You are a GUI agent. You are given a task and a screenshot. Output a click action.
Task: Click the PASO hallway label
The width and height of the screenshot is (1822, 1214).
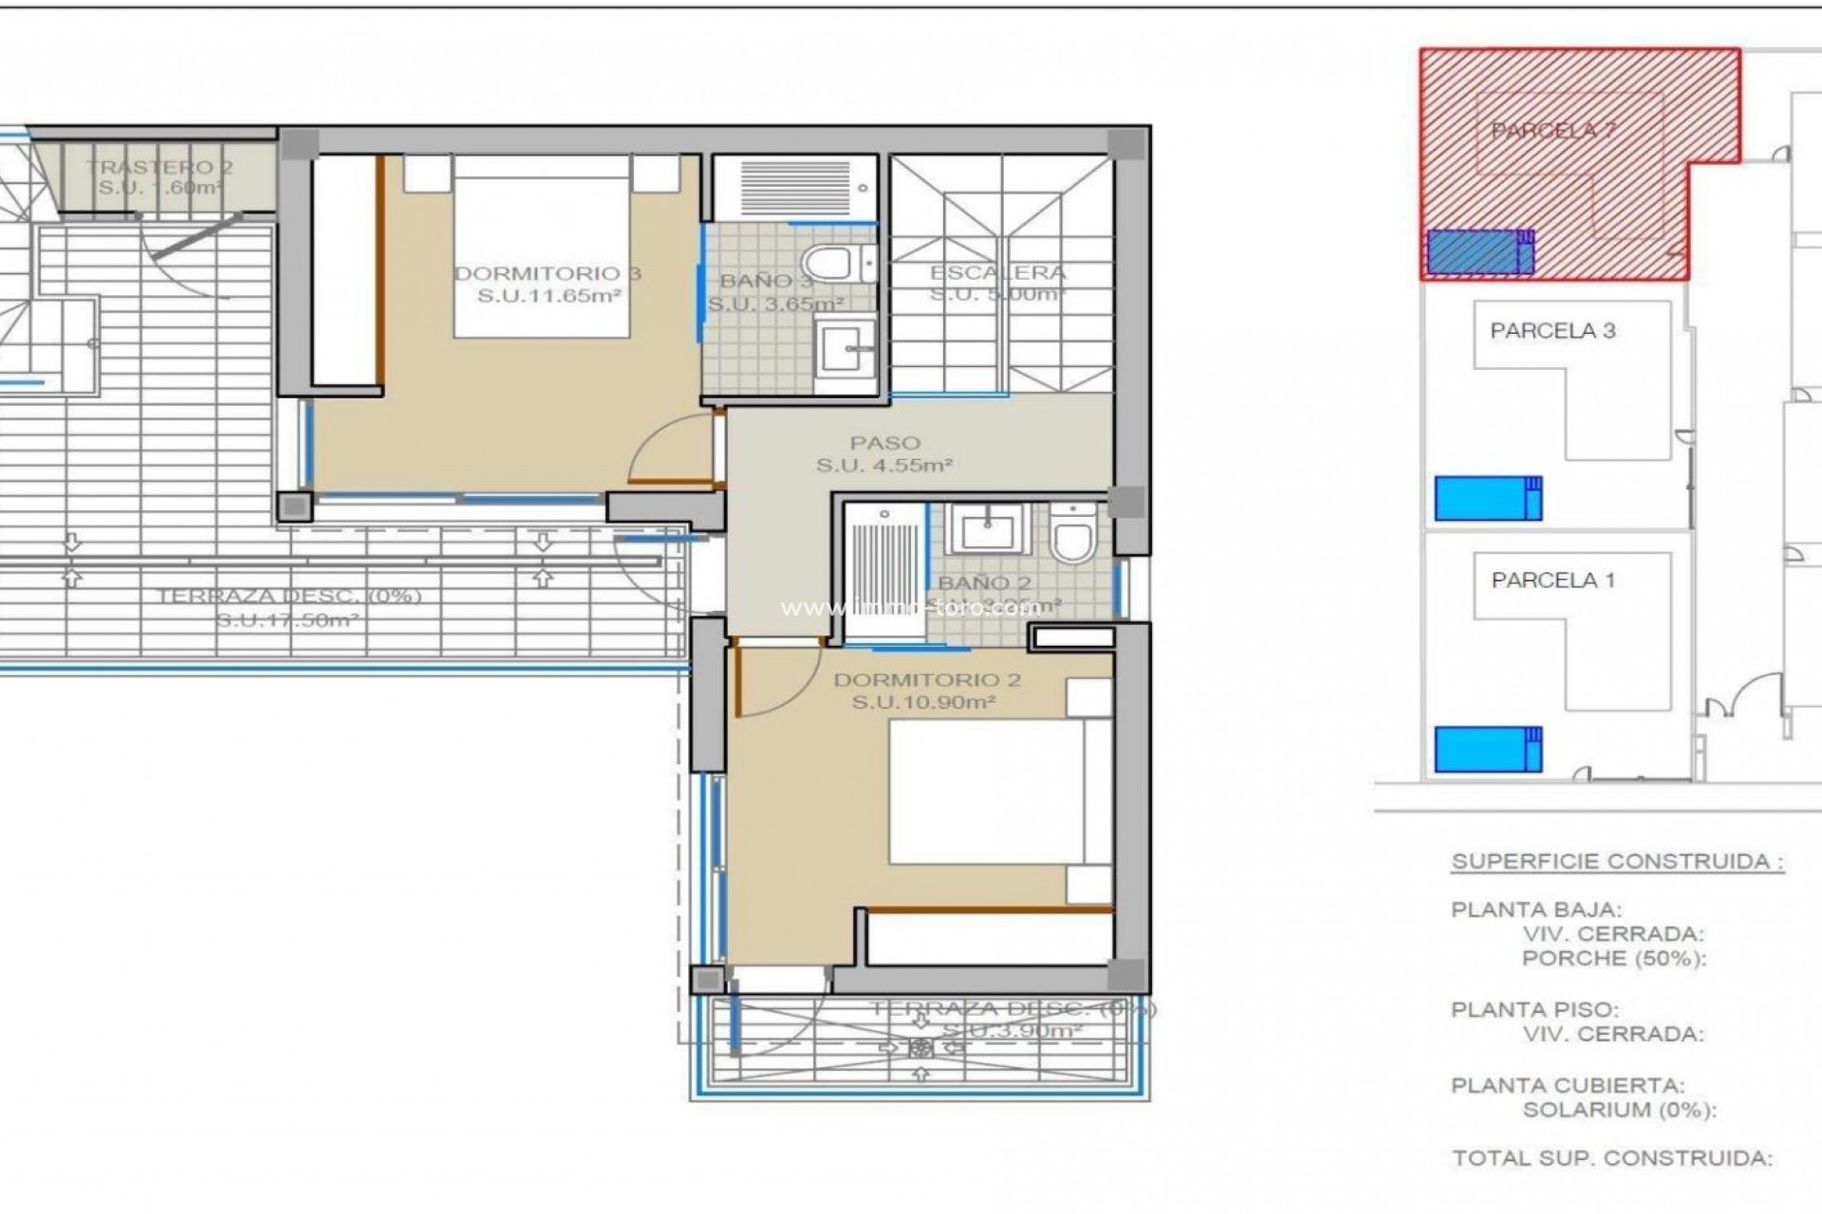[x=884, y=443]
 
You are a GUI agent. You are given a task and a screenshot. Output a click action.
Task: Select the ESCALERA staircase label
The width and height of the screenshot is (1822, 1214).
[x=997, y=273]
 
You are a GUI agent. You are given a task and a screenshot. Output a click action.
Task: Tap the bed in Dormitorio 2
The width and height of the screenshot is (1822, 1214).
[x=987, y=792]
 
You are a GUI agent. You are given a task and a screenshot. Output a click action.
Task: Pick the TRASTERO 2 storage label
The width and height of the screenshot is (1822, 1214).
[x=159, y=168]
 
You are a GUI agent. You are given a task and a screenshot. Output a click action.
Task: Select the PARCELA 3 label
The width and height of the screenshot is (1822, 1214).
[x=1552, y=331]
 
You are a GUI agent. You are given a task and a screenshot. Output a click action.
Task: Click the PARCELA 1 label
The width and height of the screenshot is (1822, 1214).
[x=1552, y=580]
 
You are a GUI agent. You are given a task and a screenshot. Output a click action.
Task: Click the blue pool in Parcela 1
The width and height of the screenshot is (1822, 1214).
[x=1487, y=749]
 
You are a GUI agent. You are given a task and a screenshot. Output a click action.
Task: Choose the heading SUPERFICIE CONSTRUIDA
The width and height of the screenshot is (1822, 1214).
[x=1617, y=862]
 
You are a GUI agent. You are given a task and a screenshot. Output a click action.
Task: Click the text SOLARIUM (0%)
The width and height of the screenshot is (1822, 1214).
[x=1619, y=1110]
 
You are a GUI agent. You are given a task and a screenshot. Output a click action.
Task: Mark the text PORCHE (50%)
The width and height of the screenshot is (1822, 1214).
[x=1613, y=958]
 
